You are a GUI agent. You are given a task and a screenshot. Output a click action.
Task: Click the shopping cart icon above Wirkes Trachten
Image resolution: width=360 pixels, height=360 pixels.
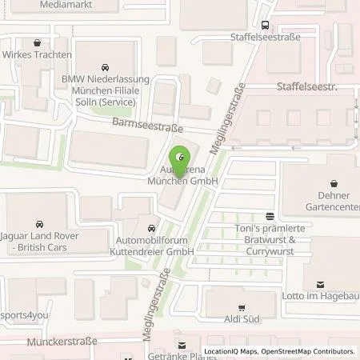37,42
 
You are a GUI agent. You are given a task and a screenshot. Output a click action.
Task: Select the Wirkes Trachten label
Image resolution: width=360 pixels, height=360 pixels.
37,54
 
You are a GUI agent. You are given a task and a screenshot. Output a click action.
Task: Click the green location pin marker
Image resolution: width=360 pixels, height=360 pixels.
180,157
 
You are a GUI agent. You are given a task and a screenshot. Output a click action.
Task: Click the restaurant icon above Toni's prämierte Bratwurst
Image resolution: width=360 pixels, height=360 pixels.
270,215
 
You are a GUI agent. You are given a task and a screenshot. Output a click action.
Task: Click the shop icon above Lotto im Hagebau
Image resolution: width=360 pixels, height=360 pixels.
320,283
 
